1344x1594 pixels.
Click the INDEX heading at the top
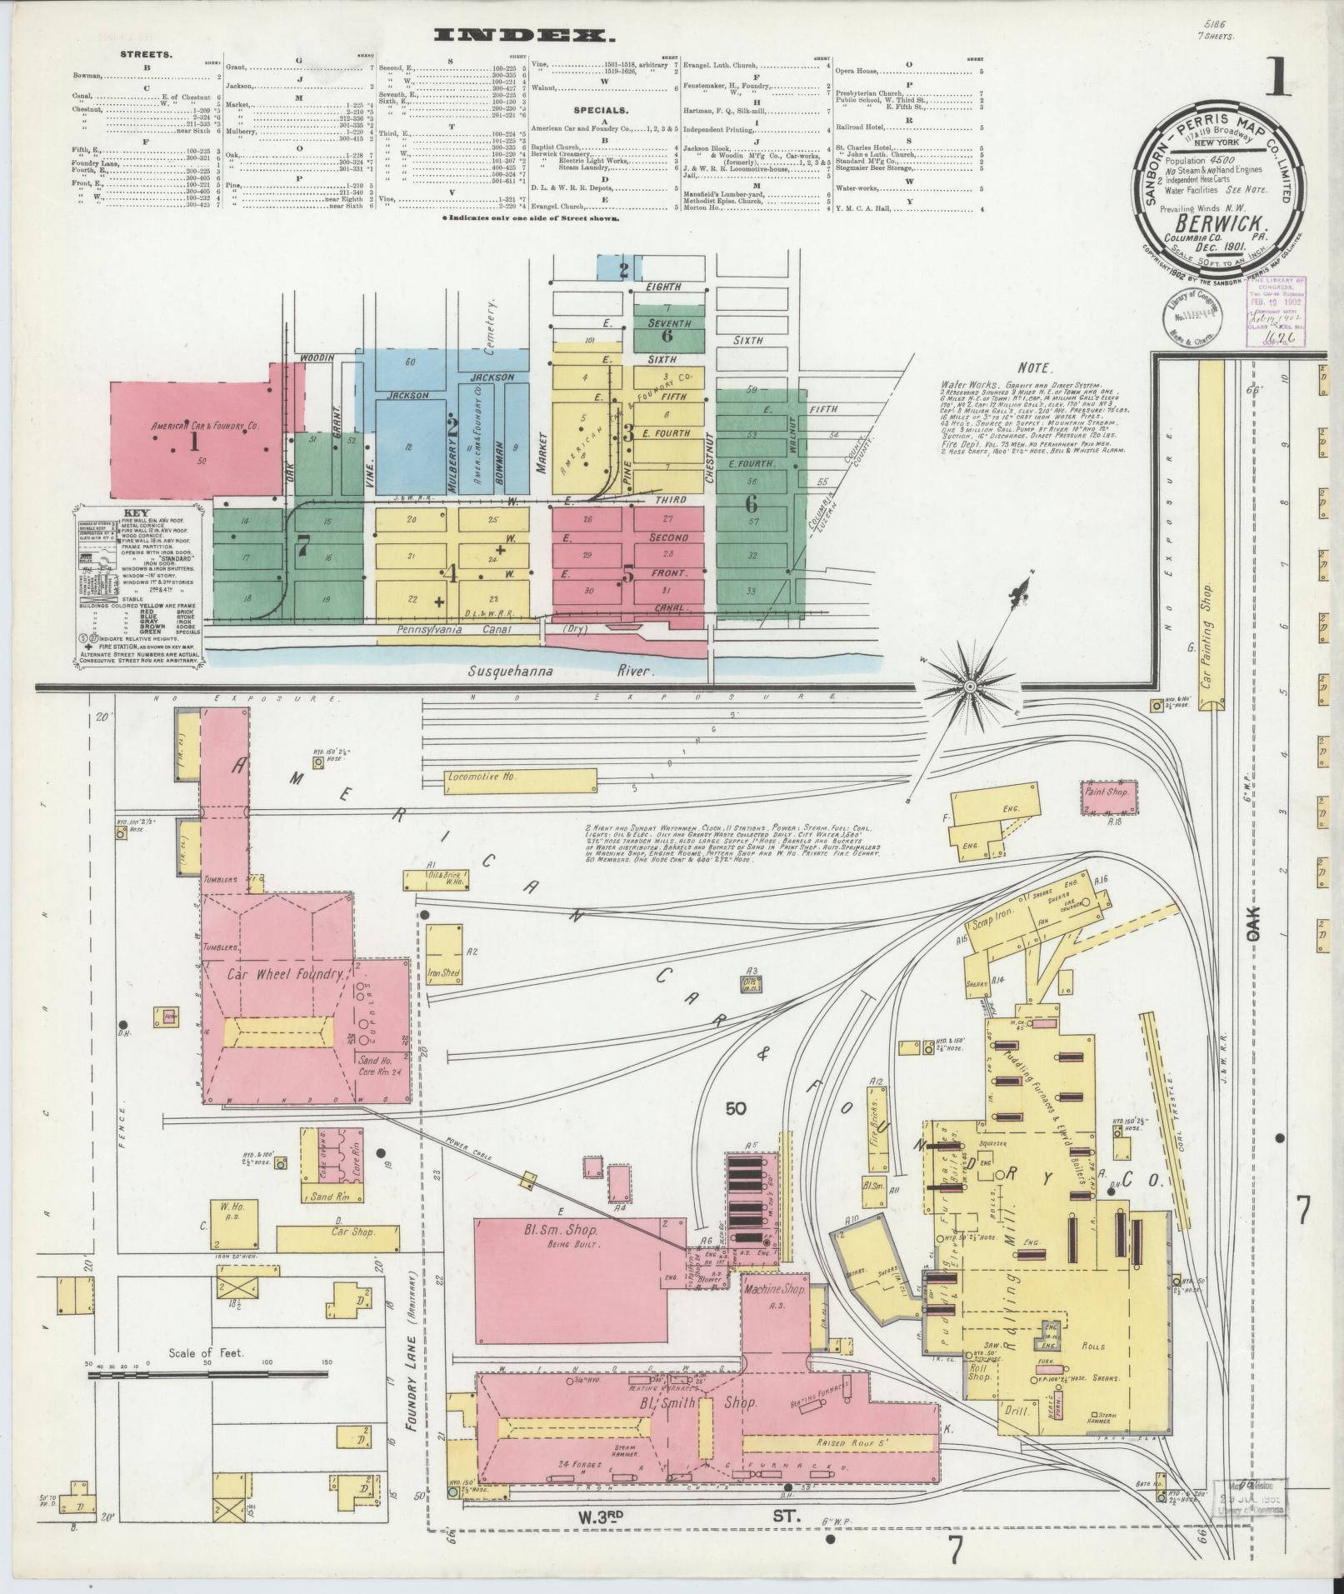point(530,35)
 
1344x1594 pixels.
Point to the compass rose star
point(970,686)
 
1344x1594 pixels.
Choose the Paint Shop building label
point(1107,792)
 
